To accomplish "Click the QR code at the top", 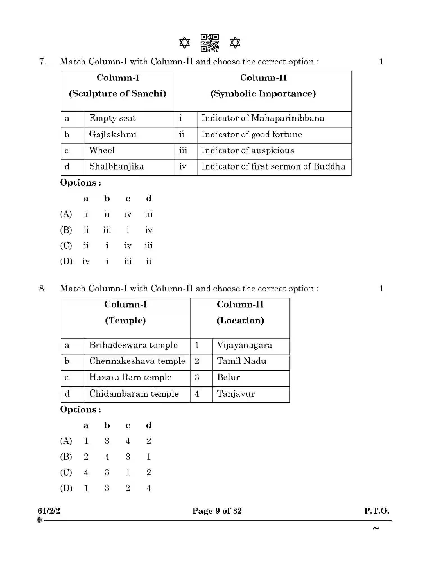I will point(209,43).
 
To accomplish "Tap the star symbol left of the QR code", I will point(184,43).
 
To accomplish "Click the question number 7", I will point(42,62).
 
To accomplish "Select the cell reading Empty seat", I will point(112,118).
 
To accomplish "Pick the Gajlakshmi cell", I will point(113,134).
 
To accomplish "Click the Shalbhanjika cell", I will point(116,166).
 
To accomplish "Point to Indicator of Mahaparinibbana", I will point(263,118).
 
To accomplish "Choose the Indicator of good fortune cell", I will point(251,134).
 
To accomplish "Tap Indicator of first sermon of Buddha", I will point(273,166).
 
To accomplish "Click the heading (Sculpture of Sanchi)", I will point(117,94).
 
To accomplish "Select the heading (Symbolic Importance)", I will point(263,94).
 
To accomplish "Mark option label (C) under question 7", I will point(66,246).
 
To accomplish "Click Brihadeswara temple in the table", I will point(133,345).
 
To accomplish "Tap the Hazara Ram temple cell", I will point(130,377).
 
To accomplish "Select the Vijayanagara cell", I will point(244,345).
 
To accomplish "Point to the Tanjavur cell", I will point(236,394).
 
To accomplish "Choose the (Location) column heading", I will point(240,321).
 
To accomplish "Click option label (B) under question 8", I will point(66,457).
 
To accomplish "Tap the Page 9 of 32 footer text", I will point(217,511).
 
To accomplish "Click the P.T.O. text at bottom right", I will point(376,511).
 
